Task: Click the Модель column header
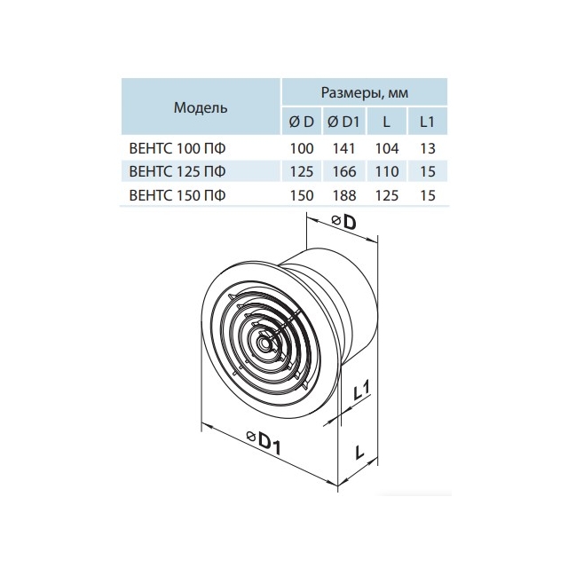(x=201, y=107)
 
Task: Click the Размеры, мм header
(x=365, y=92)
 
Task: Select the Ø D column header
(x=302, y=122)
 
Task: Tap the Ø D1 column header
(x=343, y=122)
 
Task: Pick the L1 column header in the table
(x=427, y=122)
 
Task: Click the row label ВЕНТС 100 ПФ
(x=177, y=148)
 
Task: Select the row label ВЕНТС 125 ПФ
(x=177, y=171)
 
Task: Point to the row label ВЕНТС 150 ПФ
(x=177, y=195)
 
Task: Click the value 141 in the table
(x=343, y=148)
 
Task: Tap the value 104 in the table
(x=387, y=148)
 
